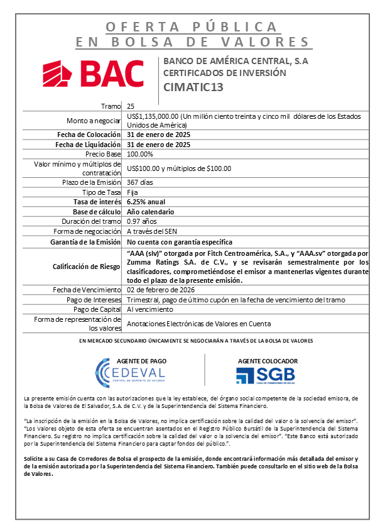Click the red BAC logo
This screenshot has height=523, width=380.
click(x=92, y=74)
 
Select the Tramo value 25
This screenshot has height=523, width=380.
click(x=130, y=106)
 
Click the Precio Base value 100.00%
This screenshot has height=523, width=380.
click(x=139, y=153)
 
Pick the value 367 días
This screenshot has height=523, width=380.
click(x=139, y=182)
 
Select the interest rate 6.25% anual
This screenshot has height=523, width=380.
click(x=146, y=202)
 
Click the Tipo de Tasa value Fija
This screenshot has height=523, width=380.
click(x=132, y=192)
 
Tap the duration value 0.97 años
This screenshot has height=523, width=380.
click(x=141, y=221)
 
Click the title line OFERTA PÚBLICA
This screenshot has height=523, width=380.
click(x=191, y=27)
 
